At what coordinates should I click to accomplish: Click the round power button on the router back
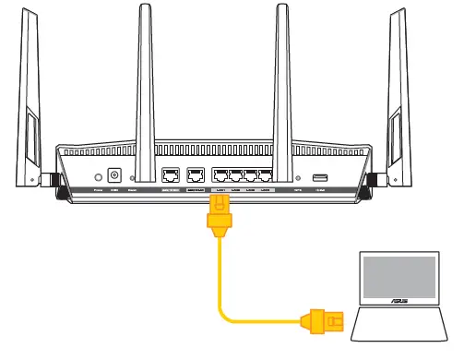tap(96, 174)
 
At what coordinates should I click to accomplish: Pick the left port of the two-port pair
tap(171, 175)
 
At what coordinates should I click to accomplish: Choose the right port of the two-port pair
tap(195, 175)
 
